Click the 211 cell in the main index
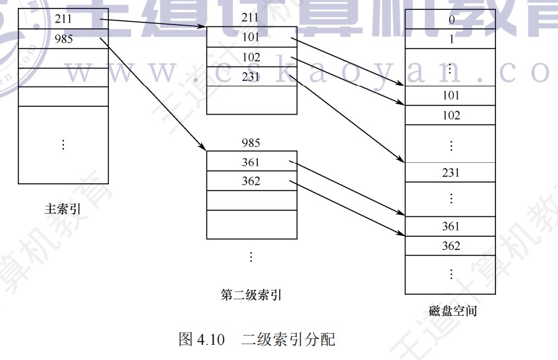coord(63,19)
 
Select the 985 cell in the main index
coord(63,38)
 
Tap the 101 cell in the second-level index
coord(251,38)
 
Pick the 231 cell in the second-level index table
coord(251,76)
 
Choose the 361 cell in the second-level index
coord(251,162)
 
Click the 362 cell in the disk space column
coord(451,246)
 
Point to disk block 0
coord(451,19)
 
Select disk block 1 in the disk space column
coord(451,39)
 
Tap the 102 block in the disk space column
coord(451,115)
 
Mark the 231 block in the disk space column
coord(451,173)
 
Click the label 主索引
coord(63,210)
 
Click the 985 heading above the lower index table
coord(251,142)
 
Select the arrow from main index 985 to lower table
coord(152,92)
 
